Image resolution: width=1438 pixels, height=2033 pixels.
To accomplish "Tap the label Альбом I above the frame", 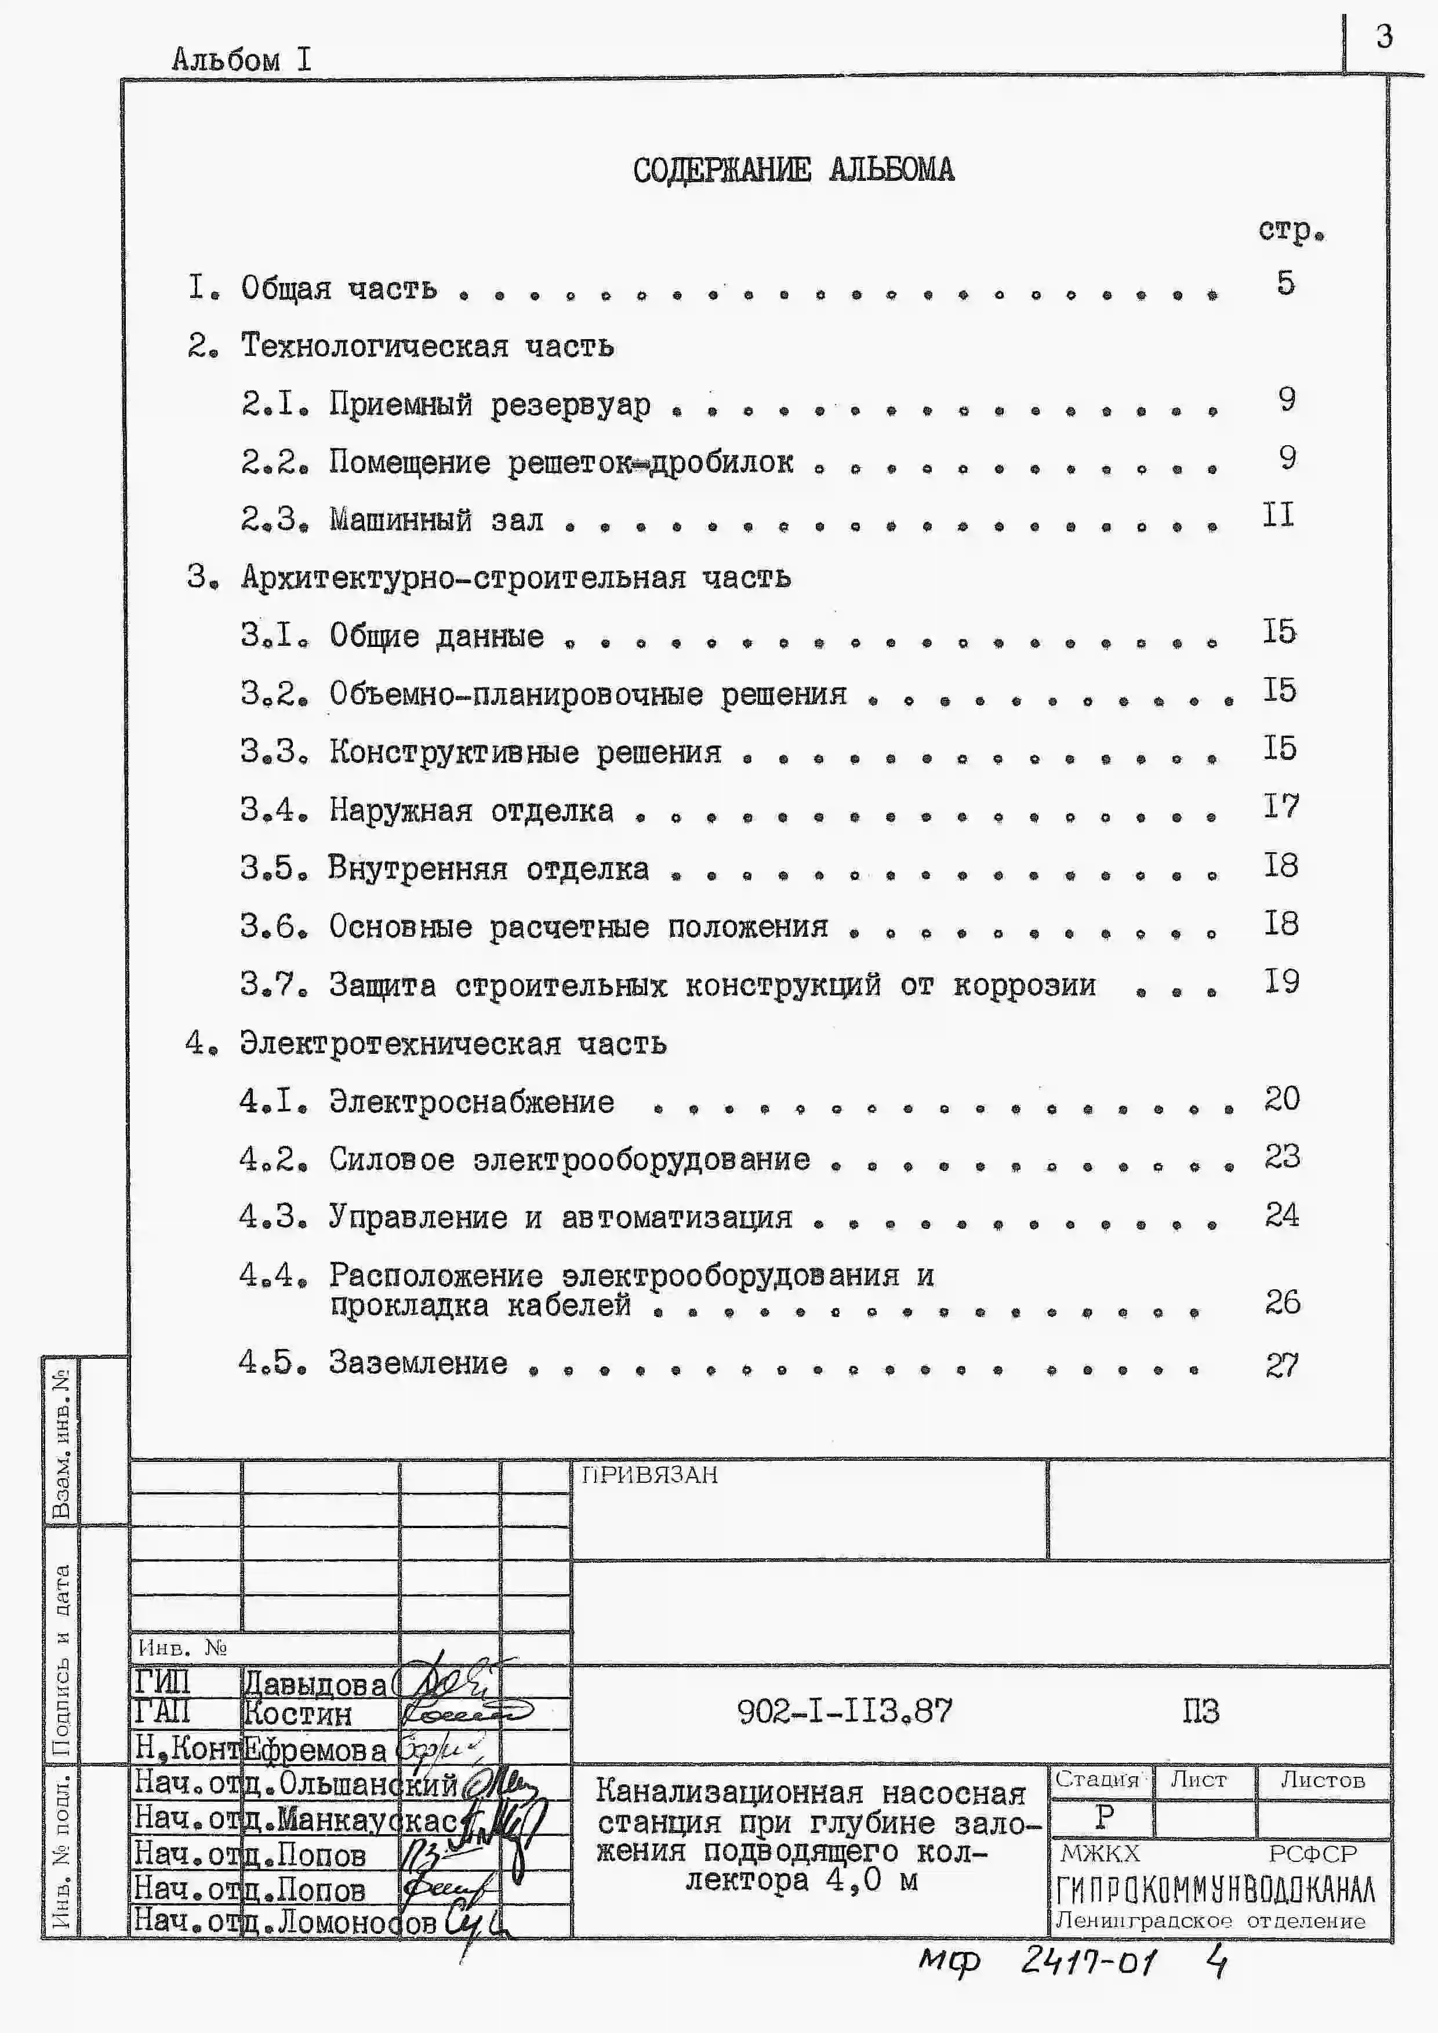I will pos(241,59).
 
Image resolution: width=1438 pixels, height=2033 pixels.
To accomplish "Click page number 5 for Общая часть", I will pos(1285,283).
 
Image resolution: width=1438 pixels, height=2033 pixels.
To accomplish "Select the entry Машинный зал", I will pos(437,520).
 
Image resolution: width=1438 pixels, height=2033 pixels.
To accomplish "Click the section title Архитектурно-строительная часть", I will pos(515,577).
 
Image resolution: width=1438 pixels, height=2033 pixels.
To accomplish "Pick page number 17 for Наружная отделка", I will pos(1280,806).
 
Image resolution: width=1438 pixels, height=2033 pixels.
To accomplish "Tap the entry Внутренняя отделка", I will pos(488,868).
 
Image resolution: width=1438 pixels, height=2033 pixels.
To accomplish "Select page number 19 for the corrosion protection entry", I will pos(1280,981).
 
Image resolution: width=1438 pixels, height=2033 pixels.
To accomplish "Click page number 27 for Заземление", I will pos(1281,1365).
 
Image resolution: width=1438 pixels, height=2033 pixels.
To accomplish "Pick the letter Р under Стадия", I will pos(1103,1817).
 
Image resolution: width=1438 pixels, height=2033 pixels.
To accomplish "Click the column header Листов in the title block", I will pos(1322,1780).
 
